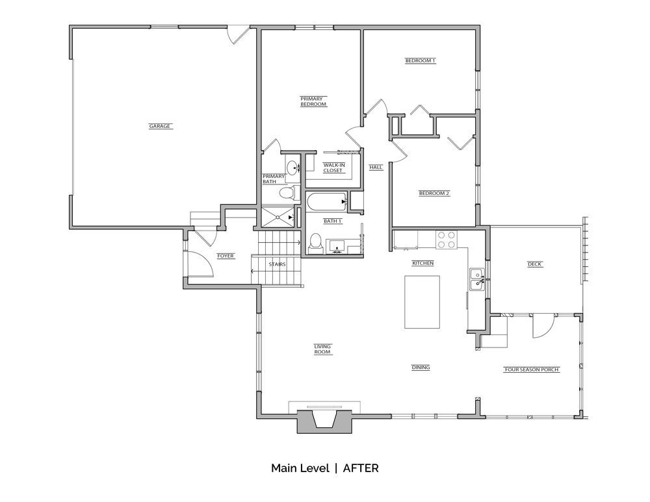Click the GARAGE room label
(160, 126)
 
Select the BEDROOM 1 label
(420, 60)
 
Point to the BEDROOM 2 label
(434, 193)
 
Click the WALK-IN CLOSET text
(333, 168)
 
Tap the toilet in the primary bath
(289, 193)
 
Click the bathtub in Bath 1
(327, 202)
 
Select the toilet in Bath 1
(316, 243)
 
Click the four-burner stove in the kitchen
(446, 240)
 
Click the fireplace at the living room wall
(324, 421)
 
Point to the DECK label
(535, 264)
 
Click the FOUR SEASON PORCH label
(532, 370)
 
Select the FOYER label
(226, 256)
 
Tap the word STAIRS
(276, 264)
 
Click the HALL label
(376, 168)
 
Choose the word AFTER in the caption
(361, 468)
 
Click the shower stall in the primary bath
(278, 217)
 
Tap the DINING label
(421, 368)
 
